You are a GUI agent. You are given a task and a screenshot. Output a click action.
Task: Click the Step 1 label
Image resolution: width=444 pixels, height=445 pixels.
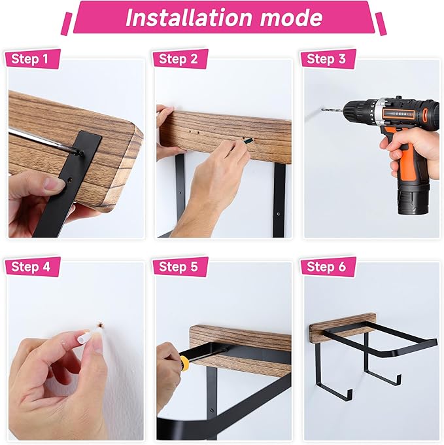pos(30,59)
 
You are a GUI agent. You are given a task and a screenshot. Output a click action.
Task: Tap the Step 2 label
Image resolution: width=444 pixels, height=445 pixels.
pos(178,59)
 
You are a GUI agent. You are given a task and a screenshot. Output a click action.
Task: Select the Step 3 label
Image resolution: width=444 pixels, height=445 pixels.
pos(326,59)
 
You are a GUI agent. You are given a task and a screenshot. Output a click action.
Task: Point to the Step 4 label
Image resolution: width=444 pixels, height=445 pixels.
pos(31,267)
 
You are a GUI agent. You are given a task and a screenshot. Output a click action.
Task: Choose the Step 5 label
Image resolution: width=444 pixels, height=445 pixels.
pos(178,267)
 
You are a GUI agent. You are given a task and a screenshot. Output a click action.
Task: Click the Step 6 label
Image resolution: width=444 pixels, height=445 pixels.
pos(326,267)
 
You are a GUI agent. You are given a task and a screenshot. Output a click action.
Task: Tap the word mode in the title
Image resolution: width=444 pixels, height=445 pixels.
pos(291,18)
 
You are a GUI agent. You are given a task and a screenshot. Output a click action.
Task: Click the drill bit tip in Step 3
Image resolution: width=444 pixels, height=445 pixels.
pos(322,109)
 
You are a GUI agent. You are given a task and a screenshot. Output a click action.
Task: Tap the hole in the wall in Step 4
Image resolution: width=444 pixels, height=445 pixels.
pos(100,325)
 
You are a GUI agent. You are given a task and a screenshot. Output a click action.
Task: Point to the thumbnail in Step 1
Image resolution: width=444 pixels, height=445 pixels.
pos(53,184)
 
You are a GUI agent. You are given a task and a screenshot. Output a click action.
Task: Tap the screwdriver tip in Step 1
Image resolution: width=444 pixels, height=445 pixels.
pos(80,153)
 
